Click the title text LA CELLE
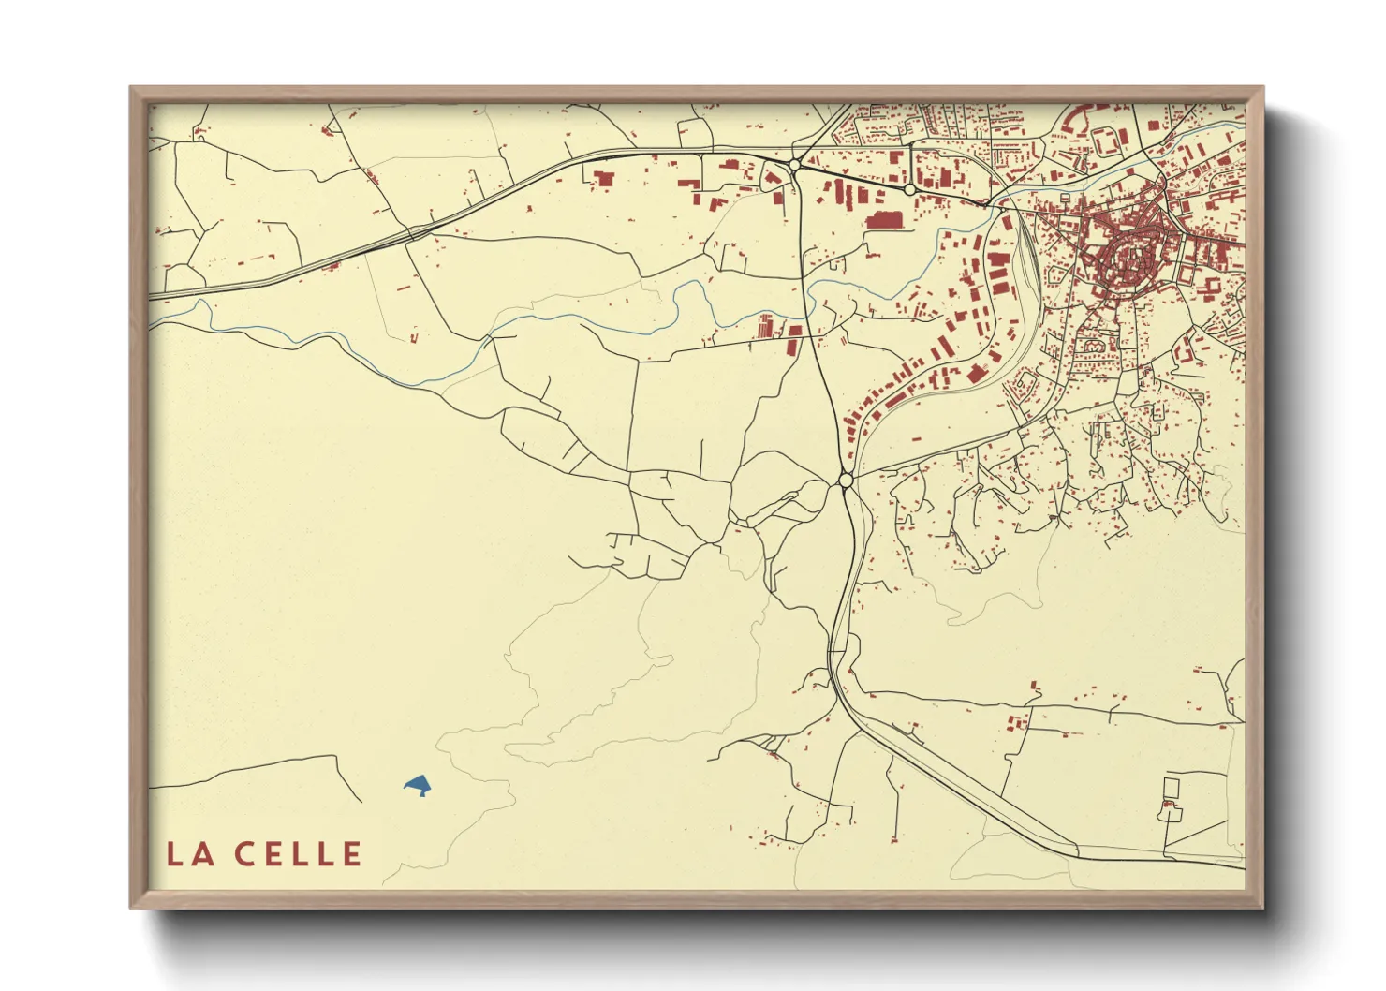pos(264,854)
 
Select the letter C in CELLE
pos(244,854)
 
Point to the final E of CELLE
pos(352,854)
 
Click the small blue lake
pos(418,784)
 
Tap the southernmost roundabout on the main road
pos(846,481)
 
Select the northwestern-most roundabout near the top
pos(794,166)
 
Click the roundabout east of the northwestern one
pos(909,189)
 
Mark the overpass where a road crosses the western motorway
pos(412,233)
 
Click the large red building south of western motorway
pos(603,178)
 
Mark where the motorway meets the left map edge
pos(151,296)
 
